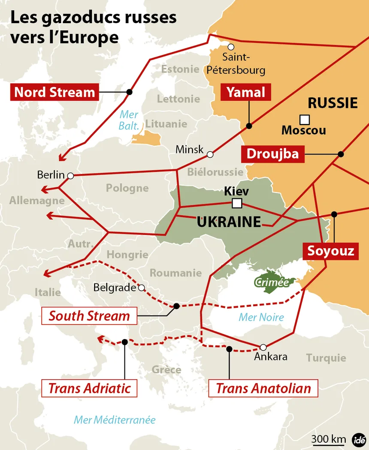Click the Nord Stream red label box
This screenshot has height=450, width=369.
54,92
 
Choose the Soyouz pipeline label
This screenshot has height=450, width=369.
330,251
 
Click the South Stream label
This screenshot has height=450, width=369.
89,316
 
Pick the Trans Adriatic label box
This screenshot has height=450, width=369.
89,388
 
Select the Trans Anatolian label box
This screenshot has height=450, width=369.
263,388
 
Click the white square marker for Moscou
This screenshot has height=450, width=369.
305,119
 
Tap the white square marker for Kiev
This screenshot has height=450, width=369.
236,203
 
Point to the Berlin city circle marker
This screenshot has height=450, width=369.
70,175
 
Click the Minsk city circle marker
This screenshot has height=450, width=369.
210,154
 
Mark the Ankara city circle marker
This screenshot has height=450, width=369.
263,347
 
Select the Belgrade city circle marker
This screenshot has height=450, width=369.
141,288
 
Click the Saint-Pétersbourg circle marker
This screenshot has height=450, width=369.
231,47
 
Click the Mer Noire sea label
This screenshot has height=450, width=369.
261,317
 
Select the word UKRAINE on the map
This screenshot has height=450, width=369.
229,222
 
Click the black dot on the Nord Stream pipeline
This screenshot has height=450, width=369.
129,92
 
